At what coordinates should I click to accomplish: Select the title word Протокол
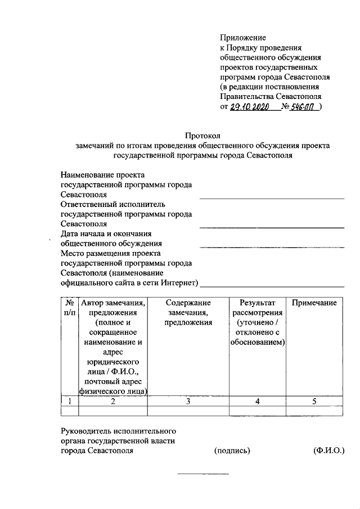click(203, 136)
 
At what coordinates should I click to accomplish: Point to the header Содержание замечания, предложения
click(188, 313)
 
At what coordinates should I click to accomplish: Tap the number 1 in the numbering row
click(69, 401)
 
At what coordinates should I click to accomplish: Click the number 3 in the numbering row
click(188, 401)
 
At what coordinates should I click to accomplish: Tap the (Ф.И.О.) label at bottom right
click(329, 451)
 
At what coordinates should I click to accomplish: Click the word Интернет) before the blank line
click(181, 282)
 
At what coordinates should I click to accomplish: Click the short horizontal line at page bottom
click(203, 474)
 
